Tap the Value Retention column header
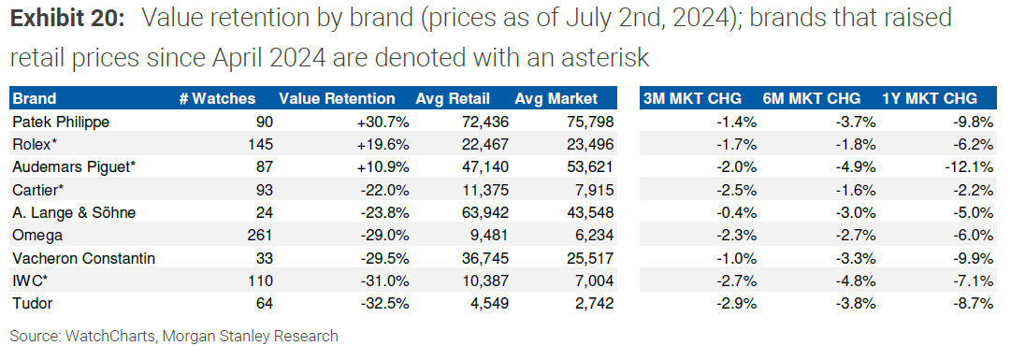(337, 98)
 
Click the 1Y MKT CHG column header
(930, 98)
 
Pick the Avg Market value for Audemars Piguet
(587, 166)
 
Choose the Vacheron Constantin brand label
(77, 257)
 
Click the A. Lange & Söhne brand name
(74, 212)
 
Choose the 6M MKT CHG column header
(812, 98)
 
